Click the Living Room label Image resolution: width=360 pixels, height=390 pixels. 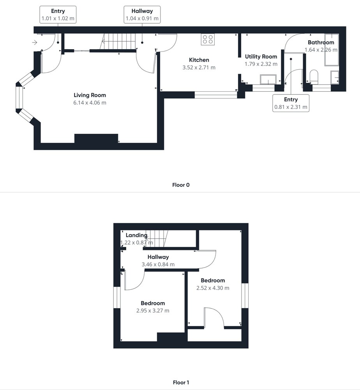[x=90, y=95]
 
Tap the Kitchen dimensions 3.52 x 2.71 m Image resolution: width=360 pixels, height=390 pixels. [x=199, y=67]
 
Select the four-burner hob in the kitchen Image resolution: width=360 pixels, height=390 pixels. [x=208, y=39]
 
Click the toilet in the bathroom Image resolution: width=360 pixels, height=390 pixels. [x=314, y=76]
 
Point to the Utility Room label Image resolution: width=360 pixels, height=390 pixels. [x=261, y=57]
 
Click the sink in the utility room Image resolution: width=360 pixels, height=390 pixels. [x=268, y=79]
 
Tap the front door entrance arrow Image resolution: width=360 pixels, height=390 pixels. [x=35, y=43]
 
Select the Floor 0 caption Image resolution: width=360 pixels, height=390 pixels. [x=181, y=185]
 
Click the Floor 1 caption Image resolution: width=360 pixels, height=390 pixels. [x=181, y=382]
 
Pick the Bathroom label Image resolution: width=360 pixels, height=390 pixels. [x=321, y=42]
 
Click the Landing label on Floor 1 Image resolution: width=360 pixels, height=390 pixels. [x=136, y=235]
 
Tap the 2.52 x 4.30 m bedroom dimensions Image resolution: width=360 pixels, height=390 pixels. [x=213, y=288]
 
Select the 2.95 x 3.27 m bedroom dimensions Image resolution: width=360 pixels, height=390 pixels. [x=153, y=311]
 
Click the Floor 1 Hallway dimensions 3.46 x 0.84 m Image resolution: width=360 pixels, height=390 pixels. [x=158, y=264]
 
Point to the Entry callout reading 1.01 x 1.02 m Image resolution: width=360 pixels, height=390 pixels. [x=58, y=15]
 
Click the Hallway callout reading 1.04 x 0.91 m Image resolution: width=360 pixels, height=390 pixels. [x=142, y=15]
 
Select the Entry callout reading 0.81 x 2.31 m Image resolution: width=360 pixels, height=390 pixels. [x=291, y=103]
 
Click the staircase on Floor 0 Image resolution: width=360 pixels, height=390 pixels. [x=118, y=42]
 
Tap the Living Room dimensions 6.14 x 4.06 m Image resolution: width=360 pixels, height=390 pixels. [x=90, y=103]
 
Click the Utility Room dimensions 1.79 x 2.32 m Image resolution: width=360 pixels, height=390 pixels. [x=261, y=64]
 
